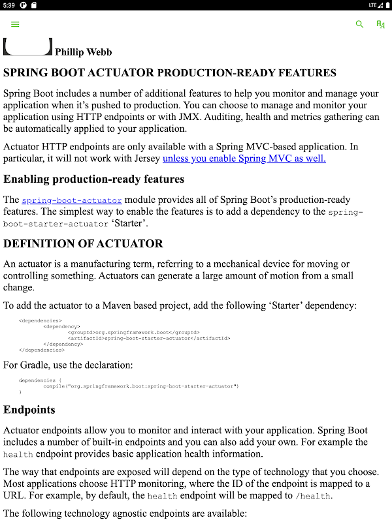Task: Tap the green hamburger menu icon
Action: pyautogui.click(x=15, y=24)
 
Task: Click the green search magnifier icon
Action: pyautogui.click(x=359, y=24)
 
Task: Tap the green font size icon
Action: pyautogui.click(x=380, y=24)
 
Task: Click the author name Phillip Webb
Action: pyautogui.click(x=83, y=52)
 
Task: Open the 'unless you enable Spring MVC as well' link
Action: pyautogui.click(x=244, y=158)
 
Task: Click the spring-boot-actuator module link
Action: pyautogui.click(x=72, y=200)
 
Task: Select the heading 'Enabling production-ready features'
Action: pyautogui.click(x=94, y=179)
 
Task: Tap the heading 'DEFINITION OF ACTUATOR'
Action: pyautogui.click(x=83, y=243)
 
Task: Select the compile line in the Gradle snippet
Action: pyautogui.click(x=140, y=386)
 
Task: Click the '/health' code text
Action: pyautogui.click(x=314, y=496)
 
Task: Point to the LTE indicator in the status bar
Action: pyautogui.click(x=372, y=5)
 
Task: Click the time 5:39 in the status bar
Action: pyautogui.click(x=8, y=5)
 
